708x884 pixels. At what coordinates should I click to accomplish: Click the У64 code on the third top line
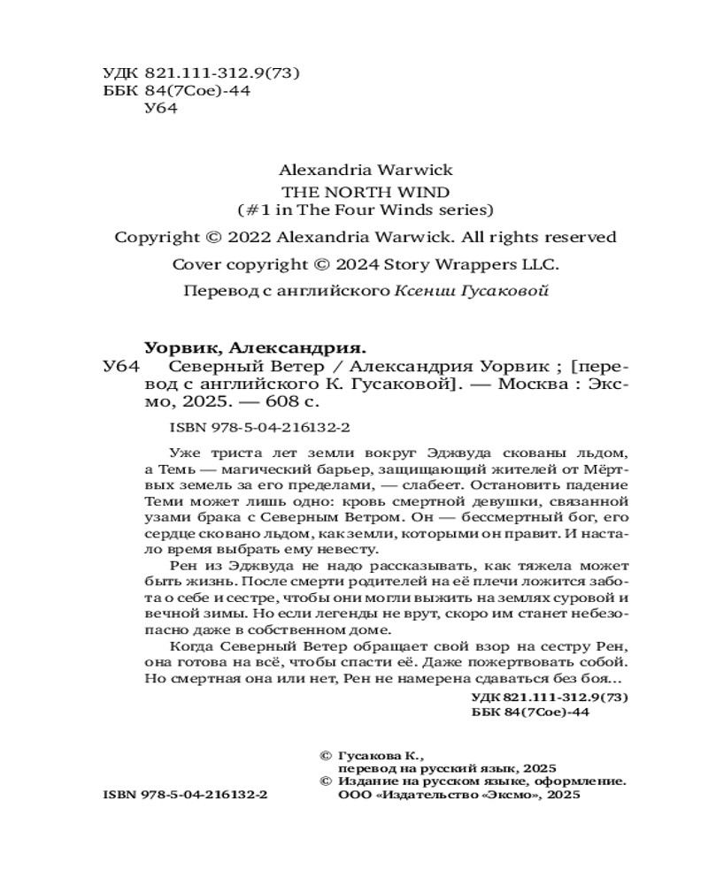[x=160, y=110]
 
